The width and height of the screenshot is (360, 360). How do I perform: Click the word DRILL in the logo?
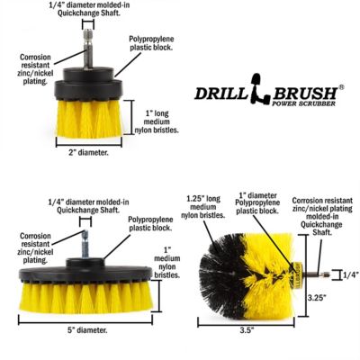(x=221, y=93)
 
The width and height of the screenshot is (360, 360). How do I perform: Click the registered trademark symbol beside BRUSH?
(x=341, y=87)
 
